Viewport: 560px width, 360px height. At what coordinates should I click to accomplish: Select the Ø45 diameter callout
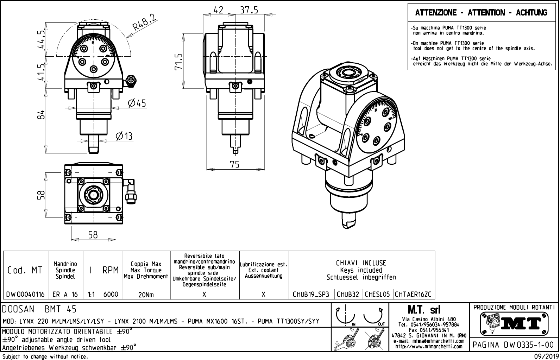point(137,103)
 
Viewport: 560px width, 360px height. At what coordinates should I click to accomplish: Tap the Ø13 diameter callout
point(124,136)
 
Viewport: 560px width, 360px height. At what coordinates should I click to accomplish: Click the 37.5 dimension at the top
point(249,10)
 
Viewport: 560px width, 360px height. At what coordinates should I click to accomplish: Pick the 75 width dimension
point(234,164)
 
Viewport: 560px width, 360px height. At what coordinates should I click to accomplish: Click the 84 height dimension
point(42,115)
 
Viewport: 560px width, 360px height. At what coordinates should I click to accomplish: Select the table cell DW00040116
point(26,294)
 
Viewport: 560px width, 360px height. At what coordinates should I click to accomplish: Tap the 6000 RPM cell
point(111,294)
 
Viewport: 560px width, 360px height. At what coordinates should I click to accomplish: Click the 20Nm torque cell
point(146,295)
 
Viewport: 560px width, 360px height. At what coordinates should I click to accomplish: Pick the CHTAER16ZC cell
point(413,294)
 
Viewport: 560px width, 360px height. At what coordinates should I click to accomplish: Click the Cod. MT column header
point(25,270)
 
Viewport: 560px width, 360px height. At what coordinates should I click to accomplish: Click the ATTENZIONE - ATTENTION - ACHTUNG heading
point(481,13)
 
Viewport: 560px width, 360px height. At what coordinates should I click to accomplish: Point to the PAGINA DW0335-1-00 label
point(515,345)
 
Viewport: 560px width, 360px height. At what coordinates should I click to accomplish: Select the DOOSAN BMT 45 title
point(39,309)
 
